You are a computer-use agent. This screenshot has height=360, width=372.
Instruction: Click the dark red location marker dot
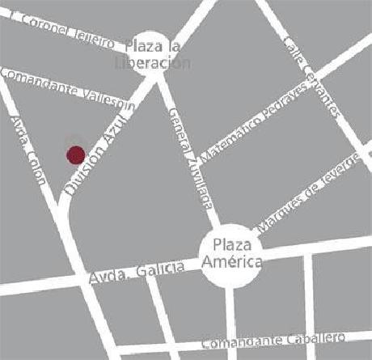[75, 154]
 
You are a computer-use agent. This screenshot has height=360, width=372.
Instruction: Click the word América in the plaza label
[232, 261]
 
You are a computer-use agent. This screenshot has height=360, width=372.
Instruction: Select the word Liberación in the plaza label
[153, 63]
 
